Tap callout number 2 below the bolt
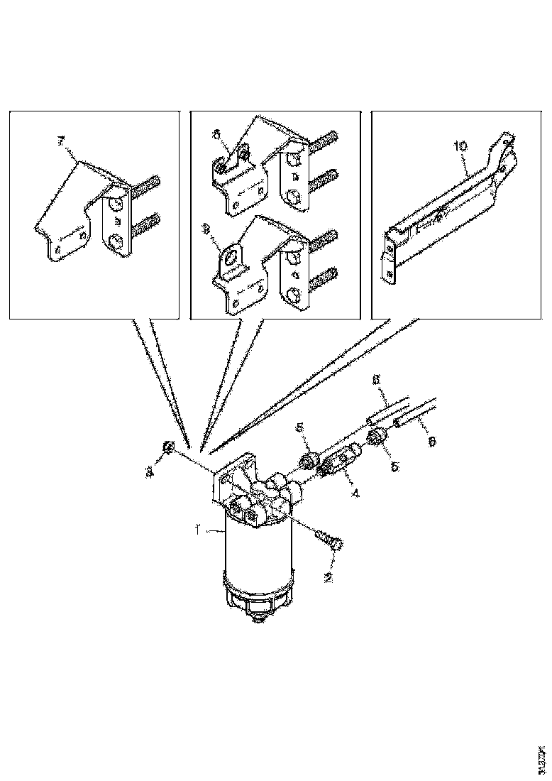coord(328,577)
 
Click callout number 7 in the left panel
coord(60,142)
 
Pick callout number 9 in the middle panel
coord(206,229)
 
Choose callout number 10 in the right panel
coord(460,146)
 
